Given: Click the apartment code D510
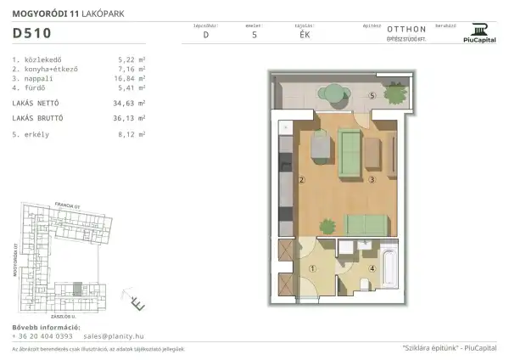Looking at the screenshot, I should [x=31, y=34].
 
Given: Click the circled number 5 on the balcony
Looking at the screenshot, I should [x=372, y=96].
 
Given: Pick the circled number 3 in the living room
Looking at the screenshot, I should [x=372, y=180].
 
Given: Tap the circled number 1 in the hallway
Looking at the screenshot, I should [x=313, y=269].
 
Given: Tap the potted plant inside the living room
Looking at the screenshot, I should [x=326, y=224].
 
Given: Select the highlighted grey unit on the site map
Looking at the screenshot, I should [x=79, y=290].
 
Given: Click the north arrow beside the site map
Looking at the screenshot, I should [x=137, y=301].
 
